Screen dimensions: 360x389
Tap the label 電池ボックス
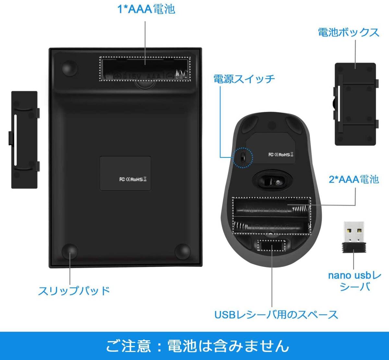tap(348, 32)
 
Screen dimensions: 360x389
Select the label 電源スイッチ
tap(244, 79)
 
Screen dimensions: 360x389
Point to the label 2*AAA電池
tap(354, 179)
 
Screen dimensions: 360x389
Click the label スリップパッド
tap(74, 290)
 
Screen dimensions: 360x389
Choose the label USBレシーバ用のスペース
tap(276, 314)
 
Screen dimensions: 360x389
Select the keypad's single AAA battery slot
tap(145, 69)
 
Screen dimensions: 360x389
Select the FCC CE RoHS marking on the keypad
tap(133, 179)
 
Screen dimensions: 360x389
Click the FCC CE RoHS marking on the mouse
tap(281, 154)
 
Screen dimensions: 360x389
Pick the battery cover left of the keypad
tap(25, 140)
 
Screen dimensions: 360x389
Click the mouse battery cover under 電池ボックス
tap(356, 104)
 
